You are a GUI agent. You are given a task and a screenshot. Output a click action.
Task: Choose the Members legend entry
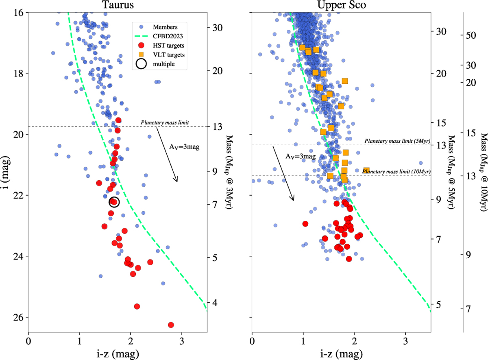(x=164, y=27)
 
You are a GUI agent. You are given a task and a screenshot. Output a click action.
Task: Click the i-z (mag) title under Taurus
(x=117, y=352)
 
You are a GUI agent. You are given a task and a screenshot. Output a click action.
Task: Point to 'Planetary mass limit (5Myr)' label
(x=397, y=141)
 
